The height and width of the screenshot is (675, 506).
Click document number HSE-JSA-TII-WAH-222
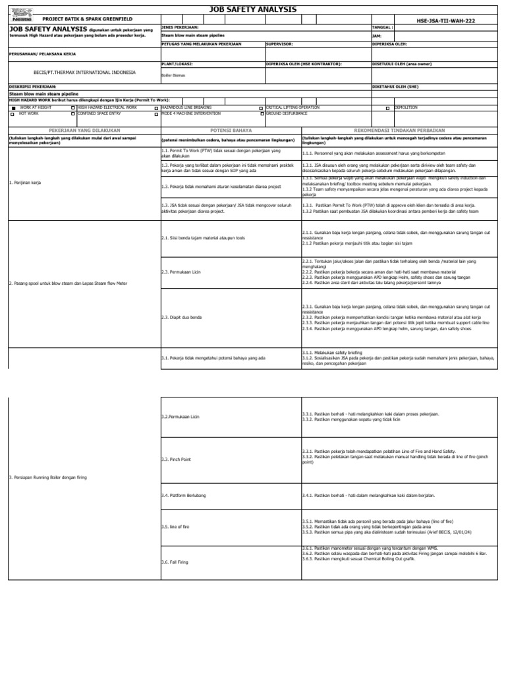pyautogui.click(x=445, y=20)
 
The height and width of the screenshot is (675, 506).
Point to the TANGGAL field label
pyautogui.click(x=383, y=28)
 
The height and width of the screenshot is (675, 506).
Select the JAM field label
pyautogui.click(x=377, y=36)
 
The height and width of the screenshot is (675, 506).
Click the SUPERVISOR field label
pyautogui.click(x=279, y=44)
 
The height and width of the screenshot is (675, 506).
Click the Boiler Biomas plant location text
pyautogui.click(x=173, y=75)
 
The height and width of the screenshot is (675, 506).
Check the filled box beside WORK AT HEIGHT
pyautogui.click(x=13, y=107)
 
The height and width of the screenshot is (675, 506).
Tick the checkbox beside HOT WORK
pyautogui.click(x=13, y=114)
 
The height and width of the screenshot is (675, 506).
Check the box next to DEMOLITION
pyautogui.click(x=387, y=107)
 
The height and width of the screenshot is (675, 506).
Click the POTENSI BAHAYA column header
pyautogui.click(x=231, y=131)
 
